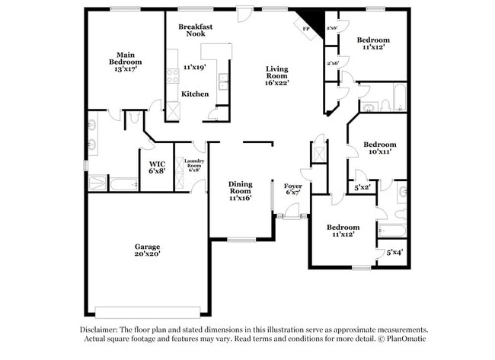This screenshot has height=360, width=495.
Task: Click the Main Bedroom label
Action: point(126,62)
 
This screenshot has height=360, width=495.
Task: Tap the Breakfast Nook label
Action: point(196,30)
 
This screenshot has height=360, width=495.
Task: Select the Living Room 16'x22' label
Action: point(276,76)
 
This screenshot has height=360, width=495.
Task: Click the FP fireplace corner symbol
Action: point(306,29)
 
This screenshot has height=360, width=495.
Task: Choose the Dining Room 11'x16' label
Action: point(240,190)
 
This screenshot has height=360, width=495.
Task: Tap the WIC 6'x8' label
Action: point(157,167)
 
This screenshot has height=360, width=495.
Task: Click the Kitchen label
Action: point(195,94)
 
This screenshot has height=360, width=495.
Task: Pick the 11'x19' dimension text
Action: point(195,67)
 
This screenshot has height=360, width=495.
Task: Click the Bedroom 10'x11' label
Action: point(379,148)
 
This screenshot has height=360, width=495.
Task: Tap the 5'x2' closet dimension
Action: point(363,186)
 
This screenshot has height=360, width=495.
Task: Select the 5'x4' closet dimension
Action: point(394,252)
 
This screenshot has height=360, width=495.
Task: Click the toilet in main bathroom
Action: point(134,117)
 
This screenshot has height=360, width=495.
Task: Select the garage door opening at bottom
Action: point(144,310)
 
